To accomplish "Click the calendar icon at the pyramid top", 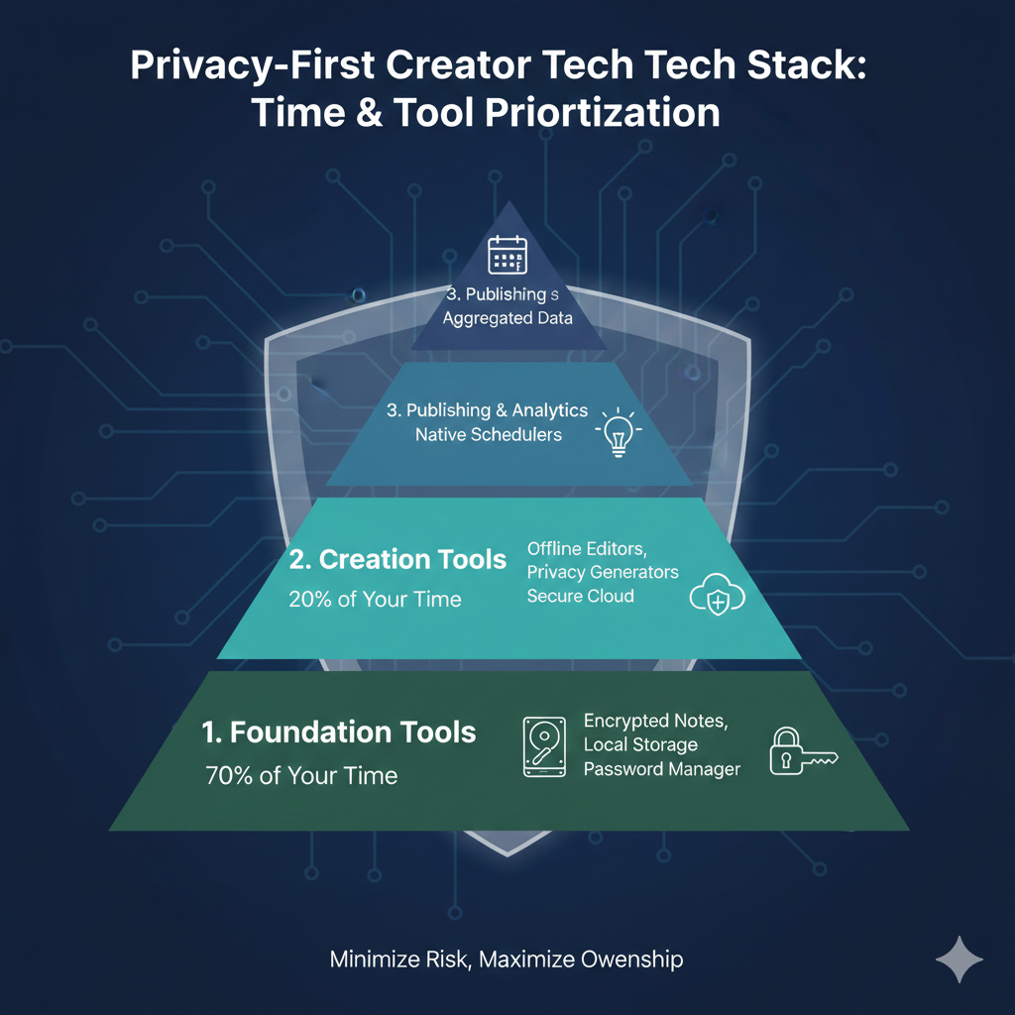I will click(x=507, y=255).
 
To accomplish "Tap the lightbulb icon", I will click(x=617, y=433).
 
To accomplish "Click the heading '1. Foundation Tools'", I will click(x=339, y=733).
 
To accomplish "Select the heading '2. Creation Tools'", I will click(x=397, y=559).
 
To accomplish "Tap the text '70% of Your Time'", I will click(x=301, y=775).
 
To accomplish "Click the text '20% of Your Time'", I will click(x=375, y=599).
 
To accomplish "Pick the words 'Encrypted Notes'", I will click(x=655, y=722).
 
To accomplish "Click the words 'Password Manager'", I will click(x=661, y=769).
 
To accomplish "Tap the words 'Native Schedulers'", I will click(x=488, y=434).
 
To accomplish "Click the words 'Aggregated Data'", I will click(x=507, y=319).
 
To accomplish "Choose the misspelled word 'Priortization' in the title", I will click(x=602, y=113).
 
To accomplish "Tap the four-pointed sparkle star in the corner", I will click(x=959, y=959).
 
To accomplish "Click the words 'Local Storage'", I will click(x=640, y=745).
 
